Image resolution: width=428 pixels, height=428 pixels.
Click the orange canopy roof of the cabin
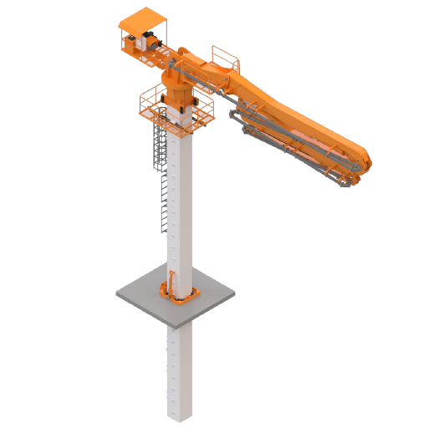[145, 18]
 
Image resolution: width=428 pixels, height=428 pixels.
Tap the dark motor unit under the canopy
[150, 39]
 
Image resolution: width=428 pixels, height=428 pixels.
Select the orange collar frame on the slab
[179, 294]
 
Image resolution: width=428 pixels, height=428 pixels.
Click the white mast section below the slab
[181, 368]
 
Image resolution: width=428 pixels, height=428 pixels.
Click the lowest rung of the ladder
[160, 231]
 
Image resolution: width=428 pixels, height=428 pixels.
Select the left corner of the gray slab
[116, 293]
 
